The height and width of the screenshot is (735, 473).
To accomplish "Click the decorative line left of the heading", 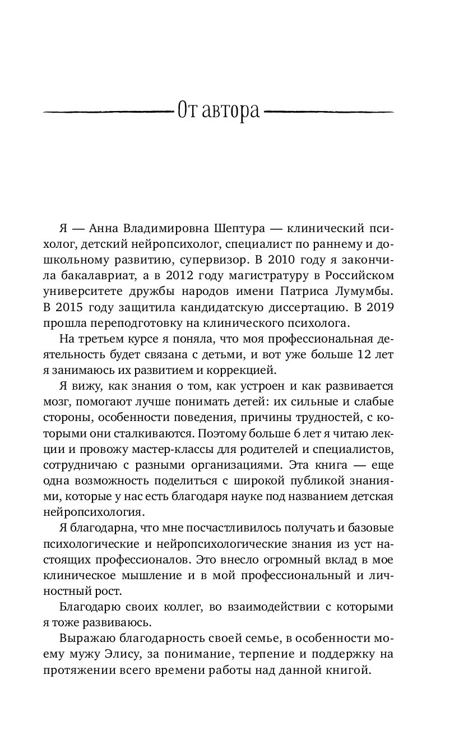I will (106, 112).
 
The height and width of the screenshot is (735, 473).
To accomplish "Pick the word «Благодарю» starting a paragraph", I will (87, 607).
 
